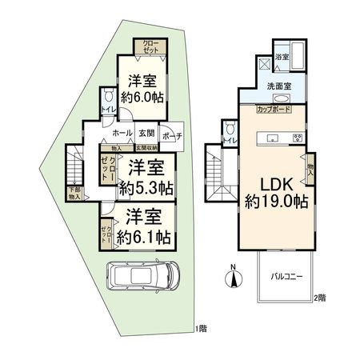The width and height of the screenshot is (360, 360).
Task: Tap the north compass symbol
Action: tap(233, 278)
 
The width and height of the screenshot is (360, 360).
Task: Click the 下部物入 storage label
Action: tap(74, 192)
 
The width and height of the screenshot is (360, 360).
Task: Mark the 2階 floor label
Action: tap(320, 298)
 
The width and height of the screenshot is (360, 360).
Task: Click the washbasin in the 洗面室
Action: tap(280, 98)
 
